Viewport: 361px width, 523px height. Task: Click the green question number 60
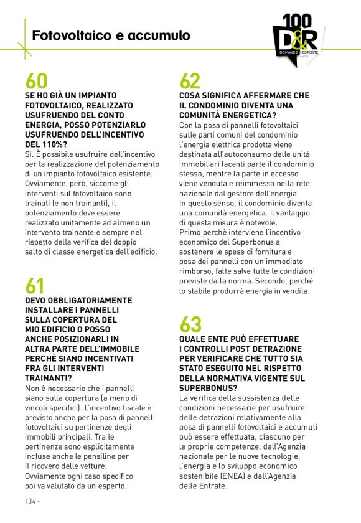coord(36,81)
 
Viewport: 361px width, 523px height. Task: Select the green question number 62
coord(190,81)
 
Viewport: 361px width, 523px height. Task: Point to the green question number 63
coord(190,324)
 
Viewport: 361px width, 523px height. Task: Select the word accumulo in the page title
coord(159,36)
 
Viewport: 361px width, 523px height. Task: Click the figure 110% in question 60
coord(55,144)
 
